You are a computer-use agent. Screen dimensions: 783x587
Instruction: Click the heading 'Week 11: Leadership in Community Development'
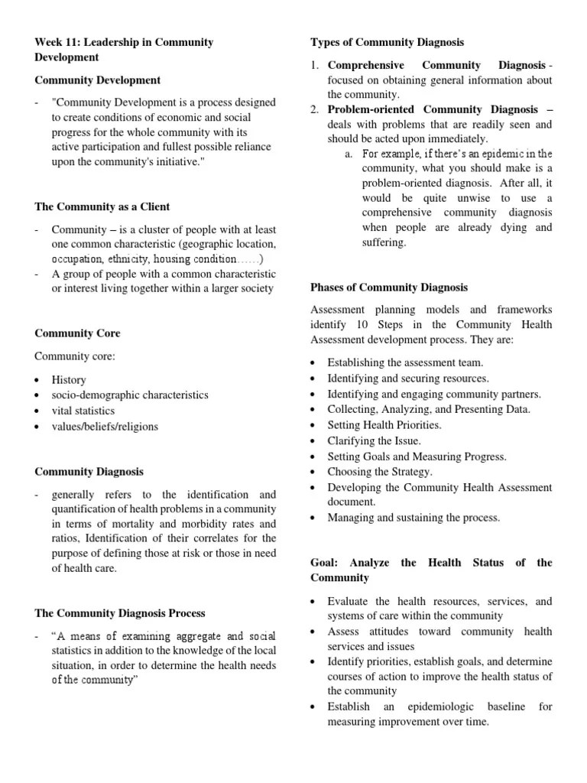point(124,49)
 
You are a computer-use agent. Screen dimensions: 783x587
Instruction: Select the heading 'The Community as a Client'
point(102,206)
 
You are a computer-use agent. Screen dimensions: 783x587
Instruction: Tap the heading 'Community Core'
point(77,333)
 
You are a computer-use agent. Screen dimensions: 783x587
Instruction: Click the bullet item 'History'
point(69,379)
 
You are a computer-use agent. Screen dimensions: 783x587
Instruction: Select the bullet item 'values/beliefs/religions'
point(105,427)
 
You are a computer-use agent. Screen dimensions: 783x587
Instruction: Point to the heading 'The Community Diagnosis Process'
point(119,613)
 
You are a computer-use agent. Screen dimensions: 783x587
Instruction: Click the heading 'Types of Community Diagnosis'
point(387,42)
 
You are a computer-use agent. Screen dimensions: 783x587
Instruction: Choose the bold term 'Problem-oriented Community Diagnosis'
point(433,110)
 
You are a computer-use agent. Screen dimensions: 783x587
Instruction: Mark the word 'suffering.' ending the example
point(384,242)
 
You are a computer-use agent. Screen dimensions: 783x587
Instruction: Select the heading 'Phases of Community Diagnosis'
point(389,288)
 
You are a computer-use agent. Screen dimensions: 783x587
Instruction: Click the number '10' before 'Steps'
point(350,325)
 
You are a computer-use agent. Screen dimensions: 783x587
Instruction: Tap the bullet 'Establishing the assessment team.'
point(405,362)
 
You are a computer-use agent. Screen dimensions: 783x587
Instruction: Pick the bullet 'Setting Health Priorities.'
point(384,425)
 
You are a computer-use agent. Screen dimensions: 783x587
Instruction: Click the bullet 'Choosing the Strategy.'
point(380,472)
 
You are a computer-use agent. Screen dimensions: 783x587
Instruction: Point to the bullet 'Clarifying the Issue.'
point(374,440)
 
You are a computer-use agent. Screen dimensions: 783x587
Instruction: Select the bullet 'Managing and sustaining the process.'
point(413,518)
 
